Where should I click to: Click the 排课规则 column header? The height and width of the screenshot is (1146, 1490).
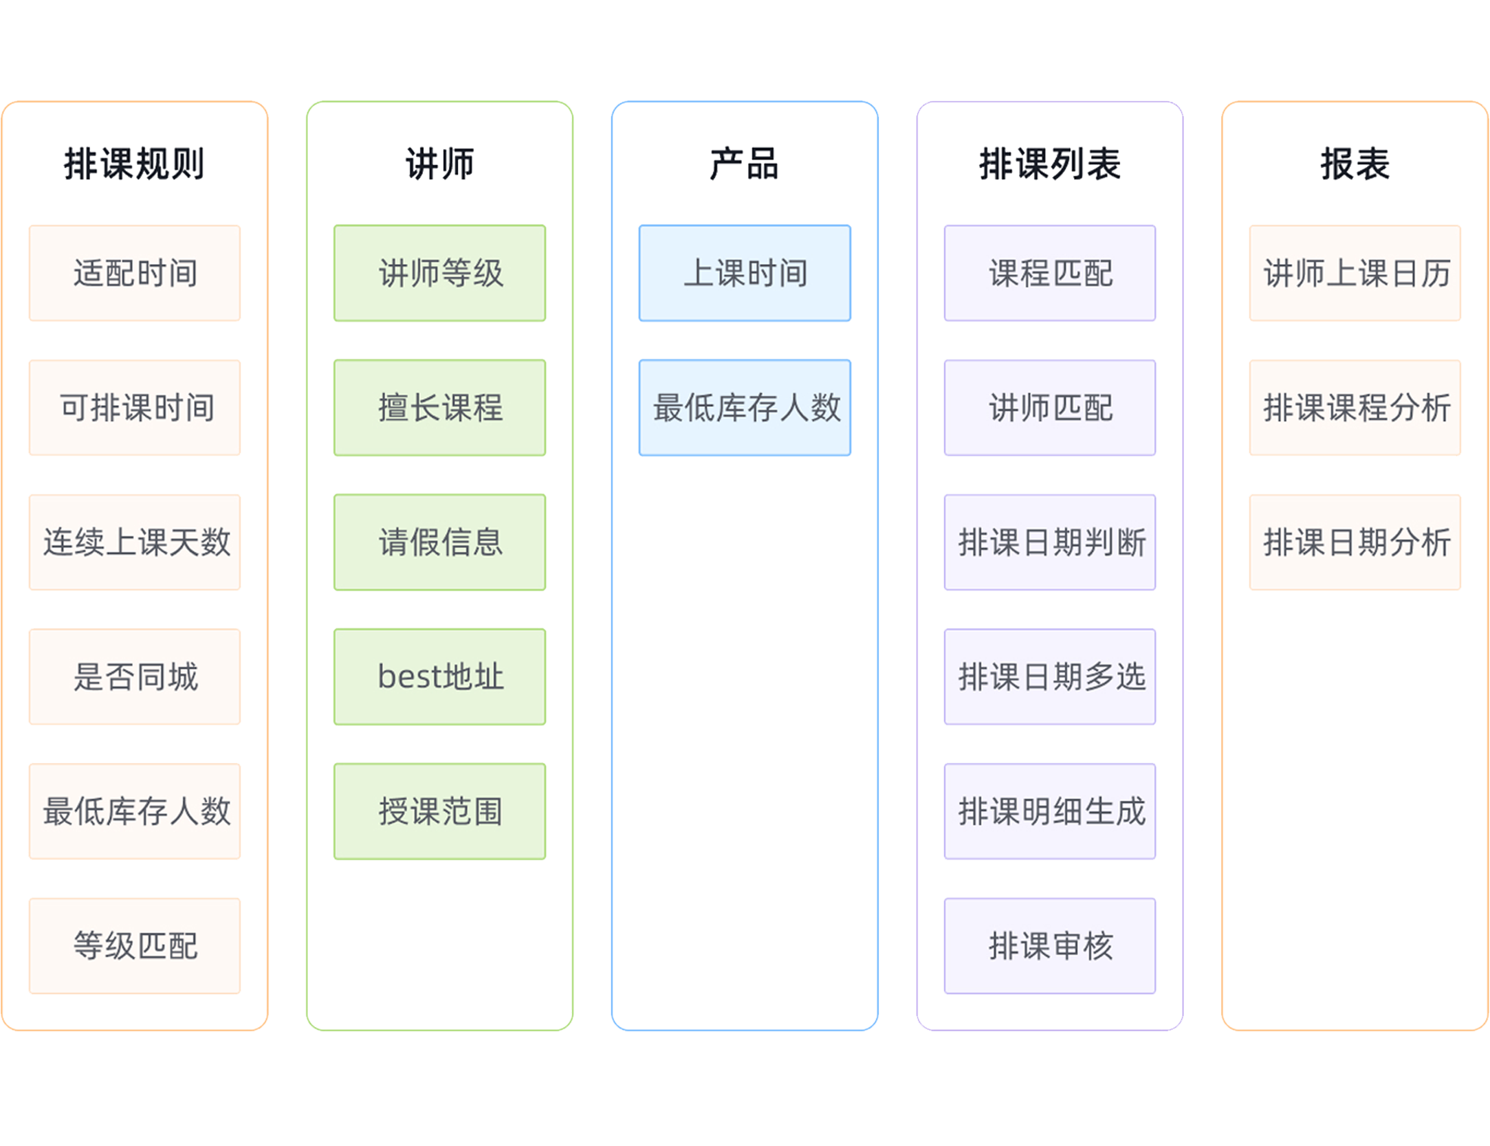click(x=134, y=164)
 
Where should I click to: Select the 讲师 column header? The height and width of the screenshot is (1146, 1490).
click(x=439, y=164)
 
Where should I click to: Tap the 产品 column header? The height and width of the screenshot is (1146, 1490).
click(x=744, y=164)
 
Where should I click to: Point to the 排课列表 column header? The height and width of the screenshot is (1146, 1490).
click(x=1049, y=164)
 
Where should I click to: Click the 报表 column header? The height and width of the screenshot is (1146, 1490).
click(x=1355, y=164)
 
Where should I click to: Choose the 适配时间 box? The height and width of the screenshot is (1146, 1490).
click(x=135, y=273)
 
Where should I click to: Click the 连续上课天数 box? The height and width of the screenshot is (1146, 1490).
click(x=135, y=542)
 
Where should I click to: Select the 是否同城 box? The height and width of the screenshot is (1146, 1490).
click(x=135, y=676)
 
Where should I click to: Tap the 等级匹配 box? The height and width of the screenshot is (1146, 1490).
click(x=135, y=945)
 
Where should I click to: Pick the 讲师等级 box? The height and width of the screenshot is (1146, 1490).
click(x=440, y=273)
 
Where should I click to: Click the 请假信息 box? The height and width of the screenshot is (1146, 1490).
click(x=440, y=542)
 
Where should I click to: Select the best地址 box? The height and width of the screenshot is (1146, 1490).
click(x=440, y=676)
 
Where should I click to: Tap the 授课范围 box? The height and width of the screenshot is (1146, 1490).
click(x=440, y=811)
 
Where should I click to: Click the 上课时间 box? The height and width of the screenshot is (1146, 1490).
click(x=745, y=273)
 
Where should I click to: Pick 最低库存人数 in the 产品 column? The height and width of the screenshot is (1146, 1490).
click(x=745, y=408)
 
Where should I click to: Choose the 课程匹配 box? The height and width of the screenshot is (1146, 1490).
click(x=1050, y=273)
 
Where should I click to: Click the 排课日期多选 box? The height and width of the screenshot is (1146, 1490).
click(x=1050, y=676)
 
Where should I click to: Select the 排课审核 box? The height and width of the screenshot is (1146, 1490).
click(x=1050, y=945)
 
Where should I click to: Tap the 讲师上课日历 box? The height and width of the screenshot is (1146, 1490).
click(x=1355, y=273)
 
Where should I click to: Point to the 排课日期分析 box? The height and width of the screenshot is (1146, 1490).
click(x=1355, y=542)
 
